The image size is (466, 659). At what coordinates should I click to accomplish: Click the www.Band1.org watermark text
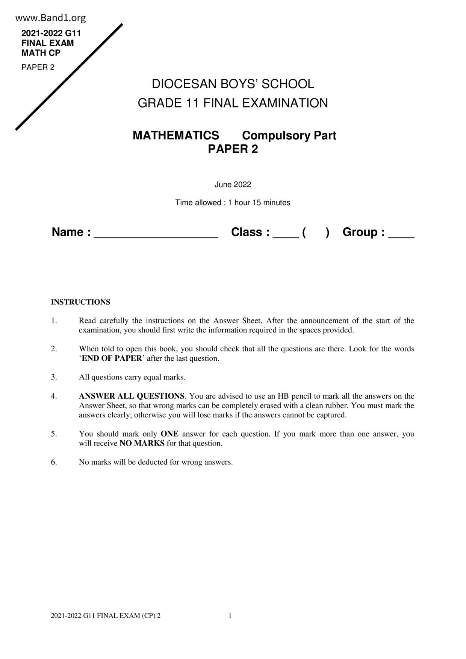point(51,18)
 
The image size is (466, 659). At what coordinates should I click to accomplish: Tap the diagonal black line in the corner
point(69,77)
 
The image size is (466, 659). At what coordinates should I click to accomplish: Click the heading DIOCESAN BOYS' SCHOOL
point(233,84)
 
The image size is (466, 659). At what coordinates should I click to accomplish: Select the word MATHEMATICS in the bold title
point(176,135)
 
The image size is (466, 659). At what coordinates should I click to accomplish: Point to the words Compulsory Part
point(289,135)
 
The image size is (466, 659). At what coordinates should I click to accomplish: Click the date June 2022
point(233,184)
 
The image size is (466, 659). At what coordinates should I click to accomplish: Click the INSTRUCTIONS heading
point(80,302)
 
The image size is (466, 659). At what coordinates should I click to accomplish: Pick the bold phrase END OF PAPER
point(112,358)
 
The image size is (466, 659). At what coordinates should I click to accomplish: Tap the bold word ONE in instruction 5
point(169,434)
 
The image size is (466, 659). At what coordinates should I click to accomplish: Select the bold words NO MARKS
point(142,443)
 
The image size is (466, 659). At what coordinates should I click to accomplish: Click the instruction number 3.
point(54,377)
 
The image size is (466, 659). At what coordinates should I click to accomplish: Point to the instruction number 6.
point(54,462)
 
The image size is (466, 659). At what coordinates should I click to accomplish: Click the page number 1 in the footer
point(230,615)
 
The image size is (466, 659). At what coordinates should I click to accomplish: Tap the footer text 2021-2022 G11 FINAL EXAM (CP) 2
point(106,615)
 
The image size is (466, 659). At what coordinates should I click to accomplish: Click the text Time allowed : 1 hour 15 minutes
point(233,203)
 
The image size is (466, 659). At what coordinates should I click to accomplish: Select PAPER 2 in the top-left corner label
point(38,67)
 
